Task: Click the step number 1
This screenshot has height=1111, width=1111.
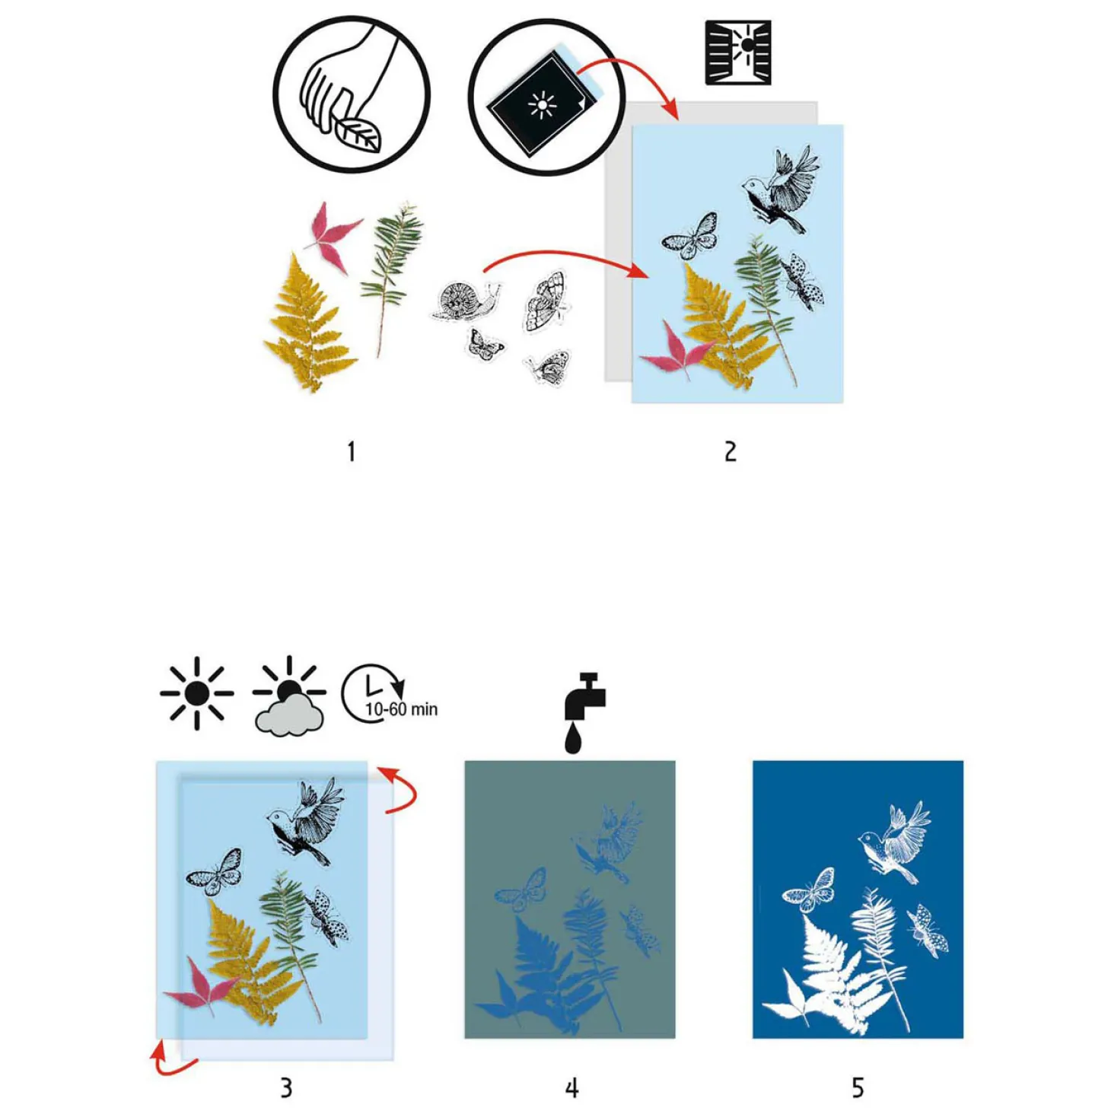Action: [351, 451]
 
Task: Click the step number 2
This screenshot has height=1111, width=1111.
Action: [730, 451]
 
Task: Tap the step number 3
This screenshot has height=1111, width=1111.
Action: [286, 1087]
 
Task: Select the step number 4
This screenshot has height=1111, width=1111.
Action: [571, 1087]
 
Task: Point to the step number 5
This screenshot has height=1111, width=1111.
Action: [858, 1087]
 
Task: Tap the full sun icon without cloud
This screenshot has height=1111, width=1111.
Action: [196, 692]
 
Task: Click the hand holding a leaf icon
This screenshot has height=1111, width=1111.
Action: [351, 95]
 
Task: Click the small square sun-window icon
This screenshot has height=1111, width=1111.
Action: [737, 52]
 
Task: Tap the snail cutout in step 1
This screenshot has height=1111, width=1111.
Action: [464, 300]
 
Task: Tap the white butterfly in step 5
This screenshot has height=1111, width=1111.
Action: [810, 890]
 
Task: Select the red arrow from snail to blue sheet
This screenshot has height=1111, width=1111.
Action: [563, 259]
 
